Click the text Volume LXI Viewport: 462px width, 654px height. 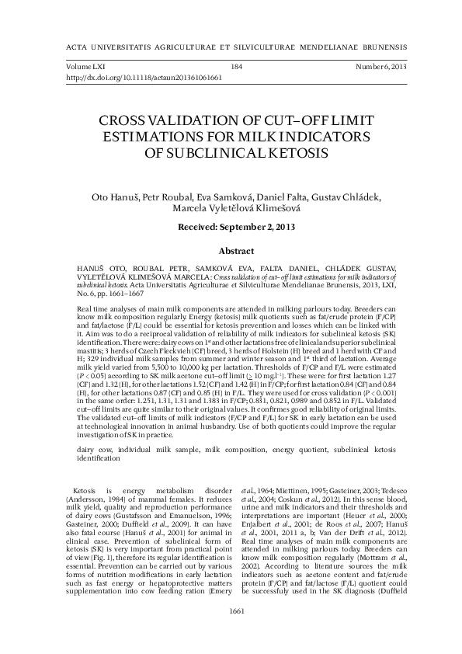[85, 68]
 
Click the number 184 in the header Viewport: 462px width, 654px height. [237, 68]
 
